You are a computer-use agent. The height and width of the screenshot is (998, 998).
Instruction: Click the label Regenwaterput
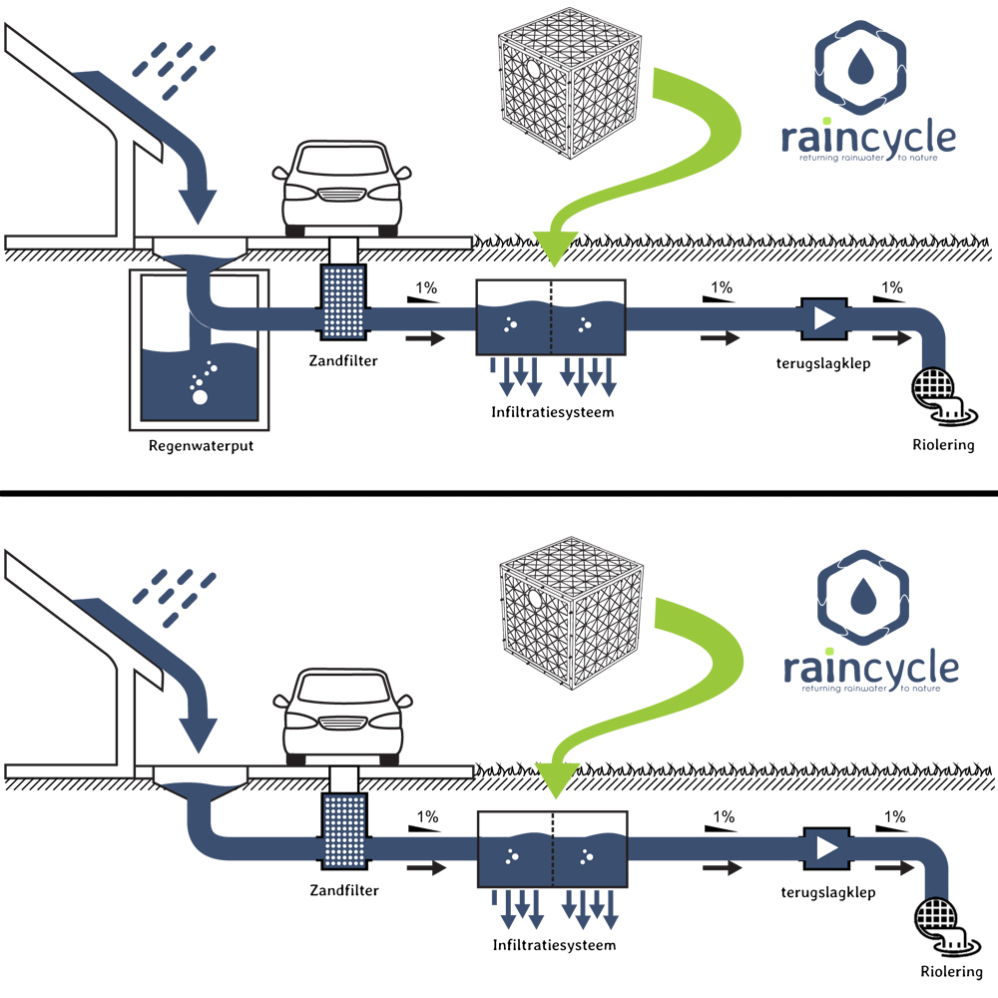coord(201,445)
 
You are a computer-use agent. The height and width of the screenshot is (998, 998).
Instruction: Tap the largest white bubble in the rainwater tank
coord(200,398)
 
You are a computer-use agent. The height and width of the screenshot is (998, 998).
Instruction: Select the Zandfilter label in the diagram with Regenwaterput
coord(343,361)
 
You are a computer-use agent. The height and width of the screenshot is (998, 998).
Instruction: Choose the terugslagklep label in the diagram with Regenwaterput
coord(823,363)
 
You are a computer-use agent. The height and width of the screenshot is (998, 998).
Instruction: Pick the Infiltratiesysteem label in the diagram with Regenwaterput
coord(551,411)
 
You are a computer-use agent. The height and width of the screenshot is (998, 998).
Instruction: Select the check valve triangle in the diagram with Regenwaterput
coord(823,318)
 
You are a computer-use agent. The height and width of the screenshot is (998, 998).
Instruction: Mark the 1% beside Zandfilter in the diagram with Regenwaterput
coord(425,288)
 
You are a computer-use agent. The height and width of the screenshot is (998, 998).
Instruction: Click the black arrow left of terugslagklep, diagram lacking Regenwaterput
coord(722,867)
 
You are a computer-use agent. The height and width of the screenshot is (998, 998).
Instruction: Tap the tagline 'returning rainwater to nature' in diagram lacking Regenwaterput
coord(870,689)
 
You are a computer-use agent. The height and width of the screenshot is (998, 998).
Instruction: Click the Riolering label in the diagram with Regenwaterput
coord(943,445)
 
